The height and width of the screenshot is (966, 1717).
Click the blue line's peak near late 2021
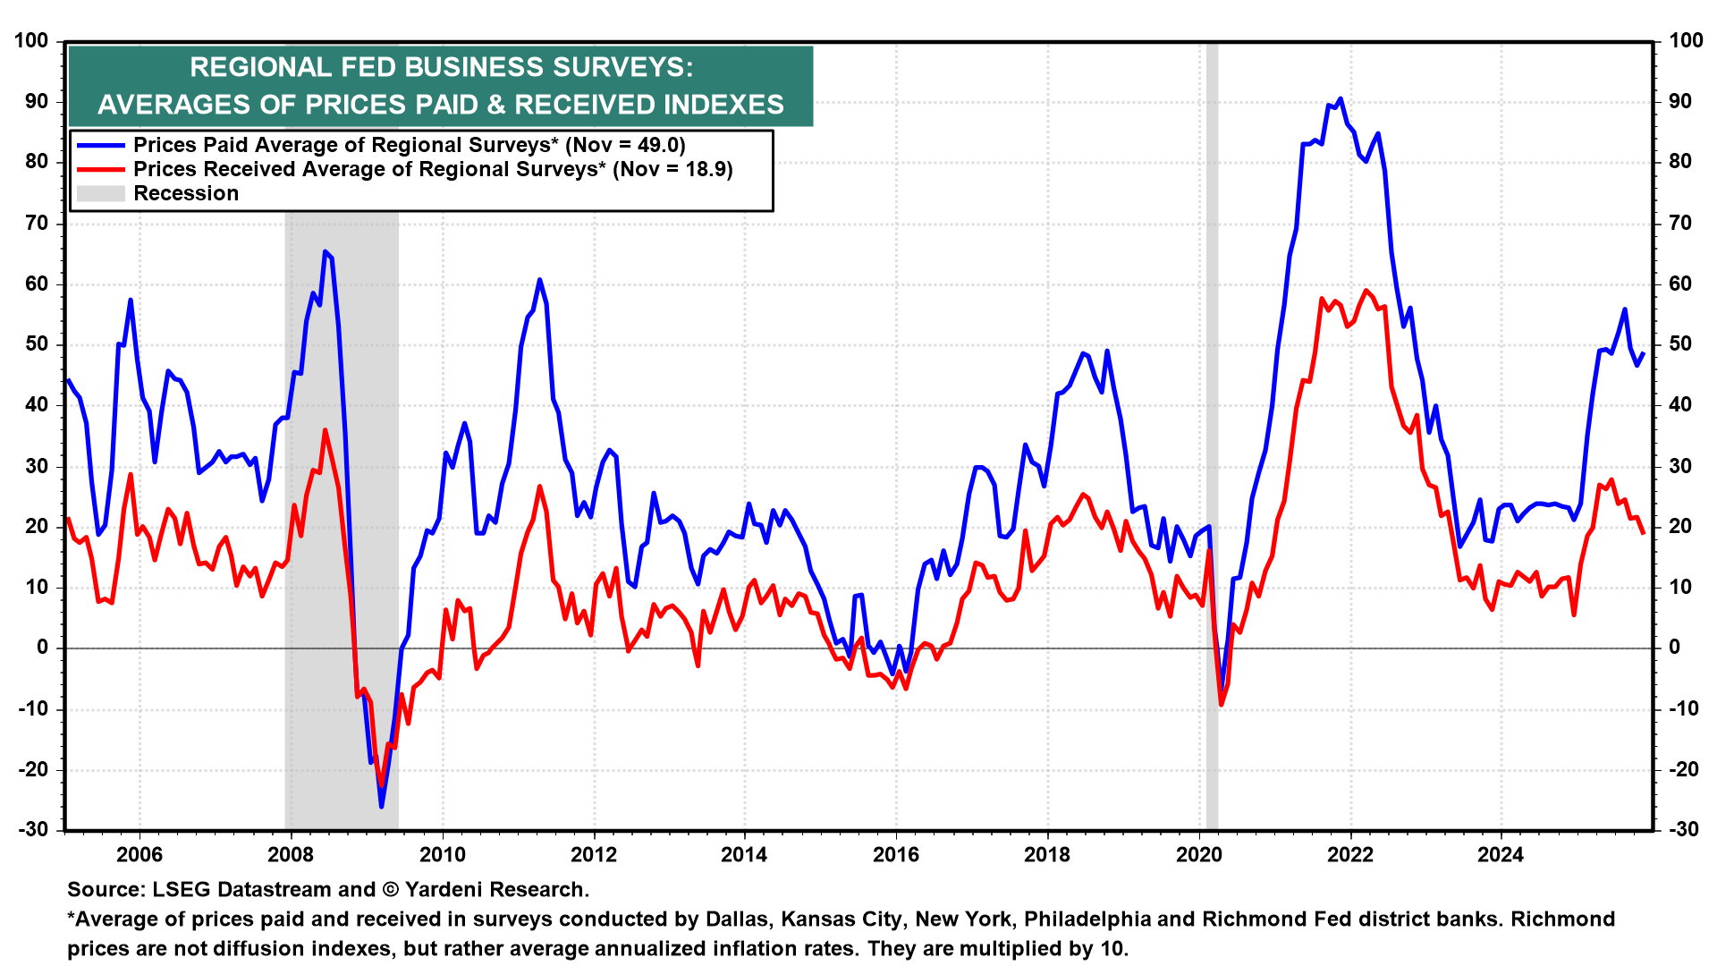(1340, 99)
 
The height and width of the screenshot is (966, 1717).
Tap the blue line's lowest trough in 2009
(382, 807)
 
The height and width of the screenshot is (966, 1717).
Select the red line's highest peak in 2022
(1365, 291)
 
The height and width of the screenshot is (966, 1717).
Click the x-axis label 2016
(896, 854)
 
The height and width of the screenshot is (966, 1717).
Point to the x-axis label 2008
(291, 854)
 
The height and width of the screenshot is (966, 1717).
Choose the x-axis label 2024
(1501, 854)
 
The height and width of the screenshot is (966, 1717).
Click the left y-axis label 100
(32, 40)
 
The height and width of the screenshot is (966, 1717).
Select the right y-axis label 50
(1681, 344)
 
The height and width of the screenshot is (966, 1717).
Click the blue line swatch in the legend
(101, 145)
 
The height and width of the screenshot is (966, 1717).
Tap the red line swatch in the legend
(101, 169)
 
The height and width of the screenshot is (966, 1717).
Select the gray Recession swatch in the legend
(101, 193)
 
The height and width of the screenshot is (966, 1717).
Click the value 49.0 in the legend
(660, 145)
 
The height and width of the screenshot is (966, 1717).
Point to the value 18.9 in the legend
(707, 169)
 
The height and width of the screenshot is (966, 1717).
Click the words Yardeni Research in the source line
(496, 889)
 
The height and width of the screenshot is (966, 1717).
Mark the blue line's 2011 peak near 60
(539, 280)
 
